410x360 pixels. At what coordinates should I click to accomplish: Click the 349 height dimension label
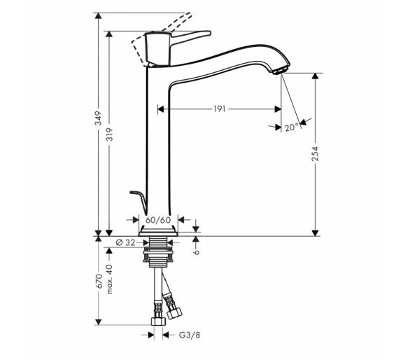(x=98, y=118)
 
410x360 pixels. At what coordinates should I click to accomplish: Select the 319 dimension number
(x=110, y=134)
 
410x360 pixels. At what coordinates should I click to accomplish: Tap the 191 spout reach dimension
(x=220, y=109)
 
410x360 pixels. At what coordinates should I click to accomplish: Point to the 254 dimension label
(x=316, y=153)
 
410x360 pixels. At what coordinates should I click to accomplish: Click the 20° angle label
(x=291, y=127)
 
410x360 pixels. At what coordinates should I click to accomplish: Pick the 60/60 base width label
(x=158, y=220)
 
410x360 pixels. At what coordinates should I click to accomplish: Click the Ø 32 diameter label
(x=125, y=243)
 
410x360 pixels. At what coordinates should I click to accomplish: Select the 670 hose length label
(x=99, y=281)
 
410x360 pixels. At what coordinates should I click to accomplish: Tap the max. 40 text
(x=109, y=279)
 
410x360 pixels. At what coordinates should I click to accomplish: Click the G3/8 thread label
(x=190, y=335)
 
